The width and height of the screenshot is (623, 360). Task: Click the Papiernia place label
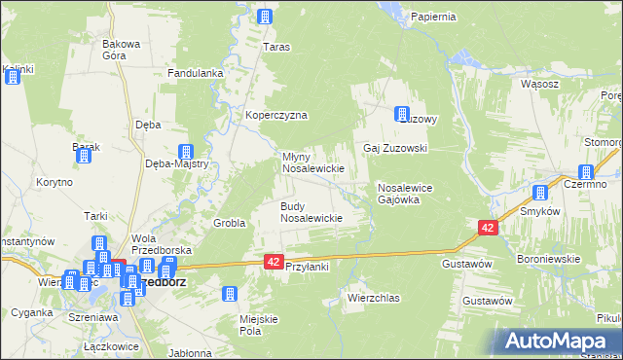pyautogui.click(x=433, y=17)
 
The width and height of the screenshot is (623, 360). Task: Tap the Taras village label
pyautogui.click(x=277, y=46)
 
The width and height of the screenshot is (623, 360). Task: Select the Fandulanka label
pyautogui.click(x=197, y=73)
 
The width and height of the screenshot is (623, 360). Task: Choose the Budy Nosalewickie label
pyautogui.click(x=311, y=212)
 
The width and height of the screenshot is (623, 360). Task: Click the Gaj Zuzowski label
pyautogui.click(x=395, y=148)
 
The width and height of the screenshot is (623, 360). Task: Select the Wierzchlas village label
pyautogui.click(x=374, y=298)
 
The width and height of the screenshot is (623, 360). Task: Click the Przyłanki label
pyautogui.click(x=308, y=277)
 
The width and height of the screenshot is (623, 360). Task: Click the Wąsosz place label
pyautogui.click(x=539, y=84)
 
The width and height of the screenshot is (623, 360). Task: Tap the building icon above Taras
pyautogui.click(x=265, y=16)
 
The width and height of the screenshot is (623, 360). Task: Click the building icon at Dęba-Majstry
pyautogui.click(x=185, y=152)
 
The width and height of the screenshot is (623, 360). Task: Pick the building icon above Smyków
pyautogui.click(x=541, y=193)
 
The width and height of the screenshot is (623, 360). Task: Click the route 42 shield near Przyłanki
pyautogui.click(x=274, y=262)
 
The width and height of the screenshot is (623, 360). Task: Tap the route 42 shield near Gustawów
pyautogui.click(x=488, y=227)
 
